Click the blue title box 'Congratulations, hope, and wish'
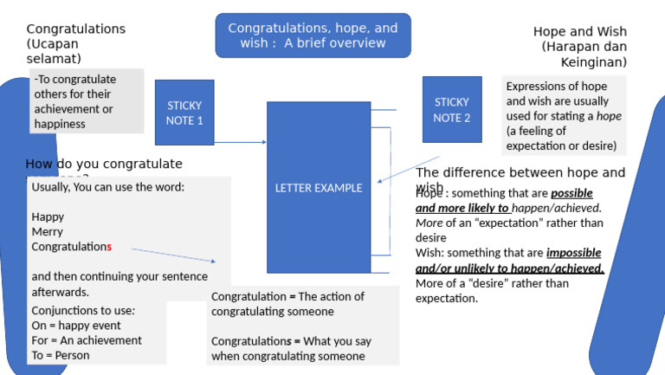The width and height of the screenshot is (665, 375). coord(313,36)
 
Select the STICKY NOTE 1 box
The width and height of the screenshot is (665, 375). coord(184,113)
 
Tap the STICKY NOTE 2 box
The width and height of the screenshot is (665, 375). coord(451,109)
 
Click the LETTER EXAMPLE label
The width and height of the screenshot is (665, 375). coord(319,188)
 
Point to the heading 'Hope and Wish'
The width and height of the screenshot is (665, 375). coord(579,32)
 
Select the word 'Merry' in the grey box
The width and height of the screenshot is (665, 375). coord(48,232)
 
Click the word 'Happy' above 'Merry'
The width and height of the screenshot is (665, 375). coord(48,217)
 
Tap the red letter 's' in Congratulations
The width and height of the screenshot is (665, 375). coord(109,247)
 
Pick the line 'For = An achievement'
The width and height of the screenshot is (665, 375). coord(87,340)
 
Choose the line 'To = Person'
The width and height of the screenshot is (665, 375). coord(61,355)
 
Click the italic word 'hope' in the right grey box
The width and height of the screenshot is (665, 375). coord(609,116)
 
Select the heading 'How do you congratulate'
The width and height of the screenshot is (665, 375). coord(104,164)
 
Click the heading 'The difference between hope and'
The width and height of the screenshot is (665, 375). coord(520,172)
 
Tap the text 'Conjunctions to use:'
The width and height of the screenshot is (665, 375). coord(83,311)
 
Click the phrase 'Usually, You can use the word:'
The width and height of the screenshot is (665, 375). coord(108,187)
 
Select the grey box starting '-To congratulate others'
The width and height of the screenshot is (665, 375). coord(86,101)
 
